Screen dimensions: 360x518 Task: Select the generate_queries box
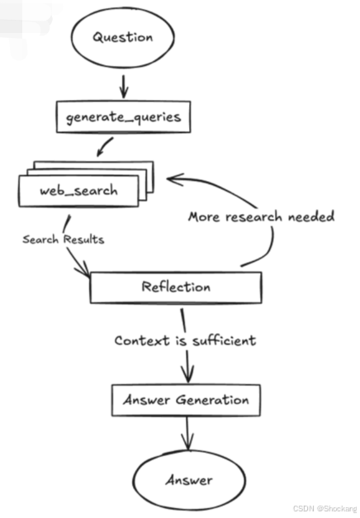(124, 117)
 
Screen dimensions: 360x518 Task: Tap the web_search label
(78, 191)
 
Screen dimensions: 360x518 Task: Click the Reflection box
(176, 288)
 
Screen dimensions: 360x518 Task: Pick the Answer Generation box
(186, 400)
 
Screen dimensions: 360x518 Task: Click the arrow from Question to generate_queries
(124, 87)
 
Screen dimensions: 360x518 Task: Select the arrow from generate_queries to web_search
(105, 147)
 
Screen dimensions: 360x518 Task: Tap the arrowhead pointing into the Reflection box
(83, 269)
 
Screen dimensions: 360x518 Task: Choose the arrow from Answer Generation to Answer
(187, 434)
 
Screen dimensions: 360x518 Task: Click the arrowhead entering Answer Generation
(187, 375)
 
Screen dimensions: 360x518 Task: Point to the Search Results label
(64, 240)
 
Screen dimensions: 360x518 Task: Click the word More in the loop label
(204, 216)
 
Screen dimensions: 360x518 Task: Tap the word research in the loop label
(253, 217)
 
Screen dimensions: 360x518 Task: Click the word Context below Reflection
(142, 340)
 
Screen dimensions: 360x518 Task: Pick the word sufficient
(225, 340)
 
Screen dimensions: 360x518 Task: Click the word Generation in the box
(212, 400)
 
